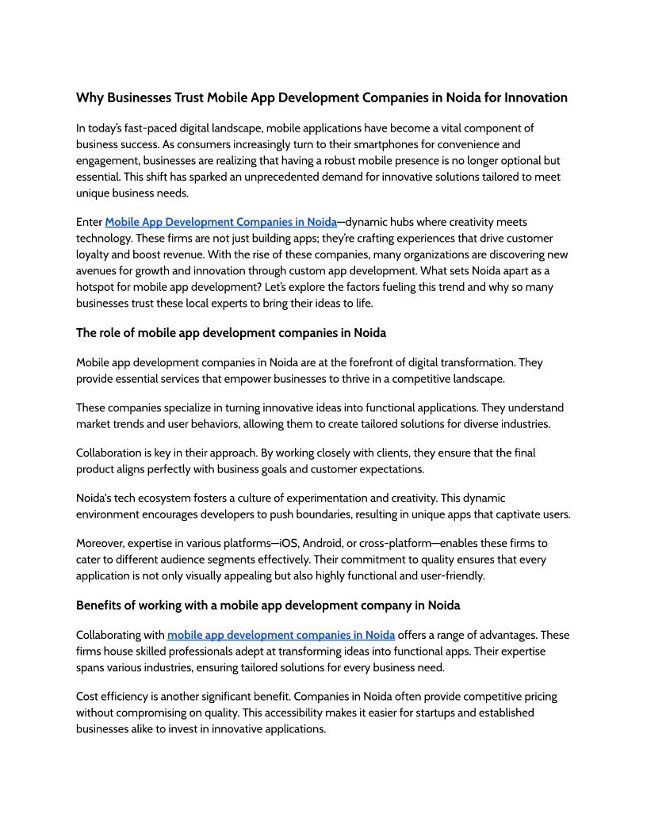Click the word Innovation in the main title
click(535, 97)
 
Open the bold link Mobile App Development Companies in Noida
click(220, 222)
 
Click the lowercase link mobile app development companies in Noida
click(281, 634)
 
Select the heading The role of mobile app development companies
click(231, 332)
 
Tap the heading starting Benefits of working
click(268, 605)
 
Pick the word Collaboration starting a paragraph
click(109, 453)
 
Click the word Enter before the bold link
click(89, 222)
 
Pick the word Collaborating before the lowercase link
click(120, 634)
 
